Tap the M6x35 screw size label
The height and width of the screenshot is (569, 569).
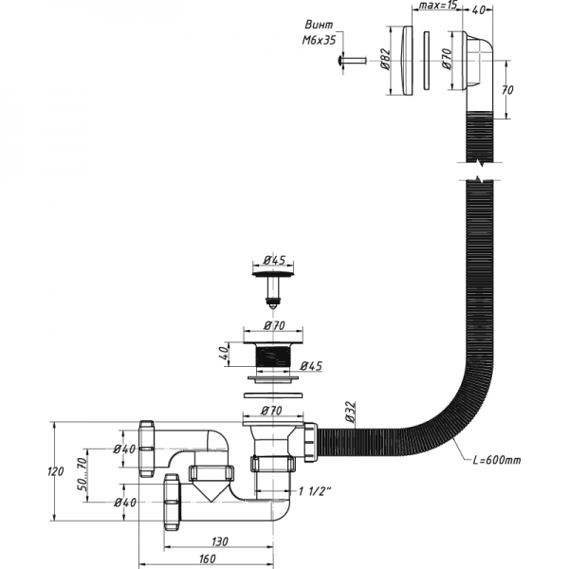click(318, 41)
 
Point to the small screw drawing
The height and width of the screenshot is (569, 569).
click(349, 62)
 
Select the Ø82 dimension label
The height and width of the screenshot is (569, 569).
click(387, 63)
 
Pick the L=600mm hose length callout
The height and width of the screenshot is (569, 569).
click(497, 461)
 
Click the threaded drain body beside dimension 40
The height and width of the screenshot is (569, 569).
click(272, 358)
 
